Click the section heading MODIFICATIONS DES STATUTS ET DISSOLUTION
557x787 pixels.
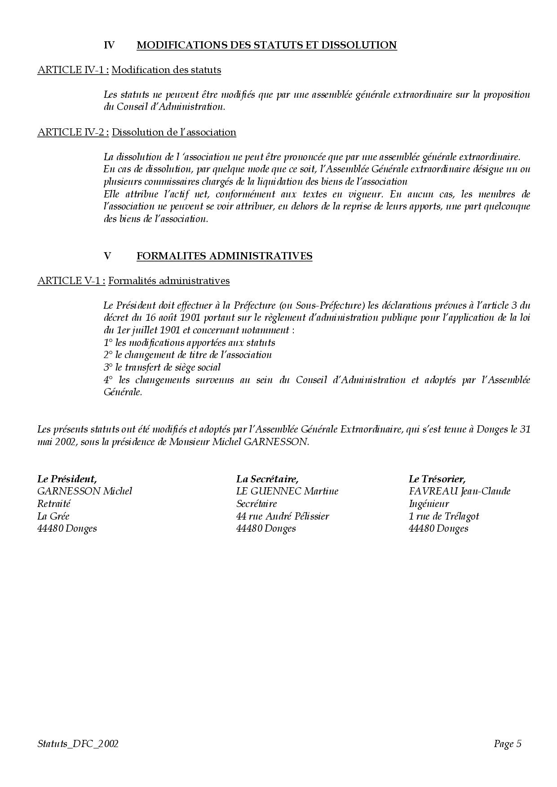266,45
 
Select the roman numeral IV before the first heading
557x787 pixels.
109,45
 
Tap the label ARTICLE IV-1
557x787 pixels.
72,70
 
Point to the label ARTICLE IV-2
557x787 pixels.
72,132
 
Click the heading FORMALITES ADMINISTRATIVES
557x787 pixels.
224,256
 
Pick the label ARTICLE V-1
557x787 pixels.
71,281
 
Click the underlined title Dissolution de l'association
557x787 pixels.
174,132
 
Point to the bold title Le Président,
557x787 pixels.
67,478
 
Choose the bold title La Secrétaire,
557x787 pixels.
267,478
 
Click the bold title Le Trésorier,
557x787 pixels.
437,478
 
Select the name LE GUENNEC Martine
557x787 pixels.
287,491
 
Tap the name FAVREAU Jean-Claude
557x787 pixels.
459,491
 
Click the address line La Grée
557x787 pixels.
53,516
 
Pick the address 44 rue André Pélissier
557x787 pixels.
283,516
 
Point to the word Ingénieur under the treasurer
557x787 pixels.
429,503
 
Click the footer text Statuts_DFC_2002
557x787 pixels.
78,744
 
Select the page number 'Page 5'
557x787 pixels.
507,744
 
